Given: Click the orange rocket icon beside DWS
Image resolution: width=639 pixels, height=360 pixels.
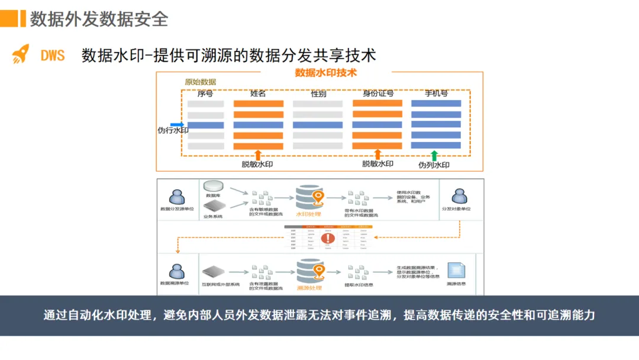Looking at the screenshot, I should [x=21, y=54].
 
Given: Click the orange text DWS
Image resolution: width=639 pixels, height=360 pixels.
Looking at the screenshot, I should [x=53, y=56].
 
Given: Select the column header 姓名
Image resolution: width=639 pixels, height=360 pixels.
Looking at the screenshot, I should [x=258, y=94].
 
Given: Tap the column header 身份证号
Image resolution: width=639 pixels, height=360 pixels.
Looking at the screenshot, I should [x=377, y=94].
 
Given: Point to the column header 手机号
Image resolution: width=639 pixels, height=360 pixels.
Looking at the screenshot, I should [x=436, y=94].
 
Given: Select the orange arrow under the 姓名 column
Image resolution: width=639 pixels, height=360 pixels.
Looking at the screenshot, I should [x=258, y=155].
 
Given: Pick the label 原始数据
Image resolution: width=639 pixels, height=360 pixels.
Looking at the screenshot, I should [x=201, y=82].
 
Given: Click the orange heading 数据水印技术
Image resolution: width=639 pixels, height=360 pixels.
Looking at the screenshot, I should [x=325, y=73].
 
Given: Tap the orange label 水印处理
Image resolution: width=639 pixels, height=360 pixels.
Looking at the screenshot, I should [x=308, y=214].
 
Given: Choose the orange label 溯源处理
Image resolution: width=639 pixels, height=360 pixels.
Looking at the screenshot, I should [x=309, y=288].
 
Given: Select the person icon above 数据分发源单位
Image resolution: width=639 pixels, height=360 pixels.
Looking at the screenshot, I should [x=176, y=197].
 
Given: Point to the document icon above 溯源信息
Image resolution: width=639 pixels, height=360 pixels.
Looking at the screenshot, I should [x=456, y=270].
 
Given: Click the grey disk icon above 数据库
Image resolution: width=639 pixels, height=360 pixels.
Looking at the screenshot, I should [x=213, y=187].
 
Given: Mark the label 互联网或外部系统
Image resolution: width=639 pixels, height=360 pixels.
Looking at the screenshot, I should [x=221, y=285].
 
